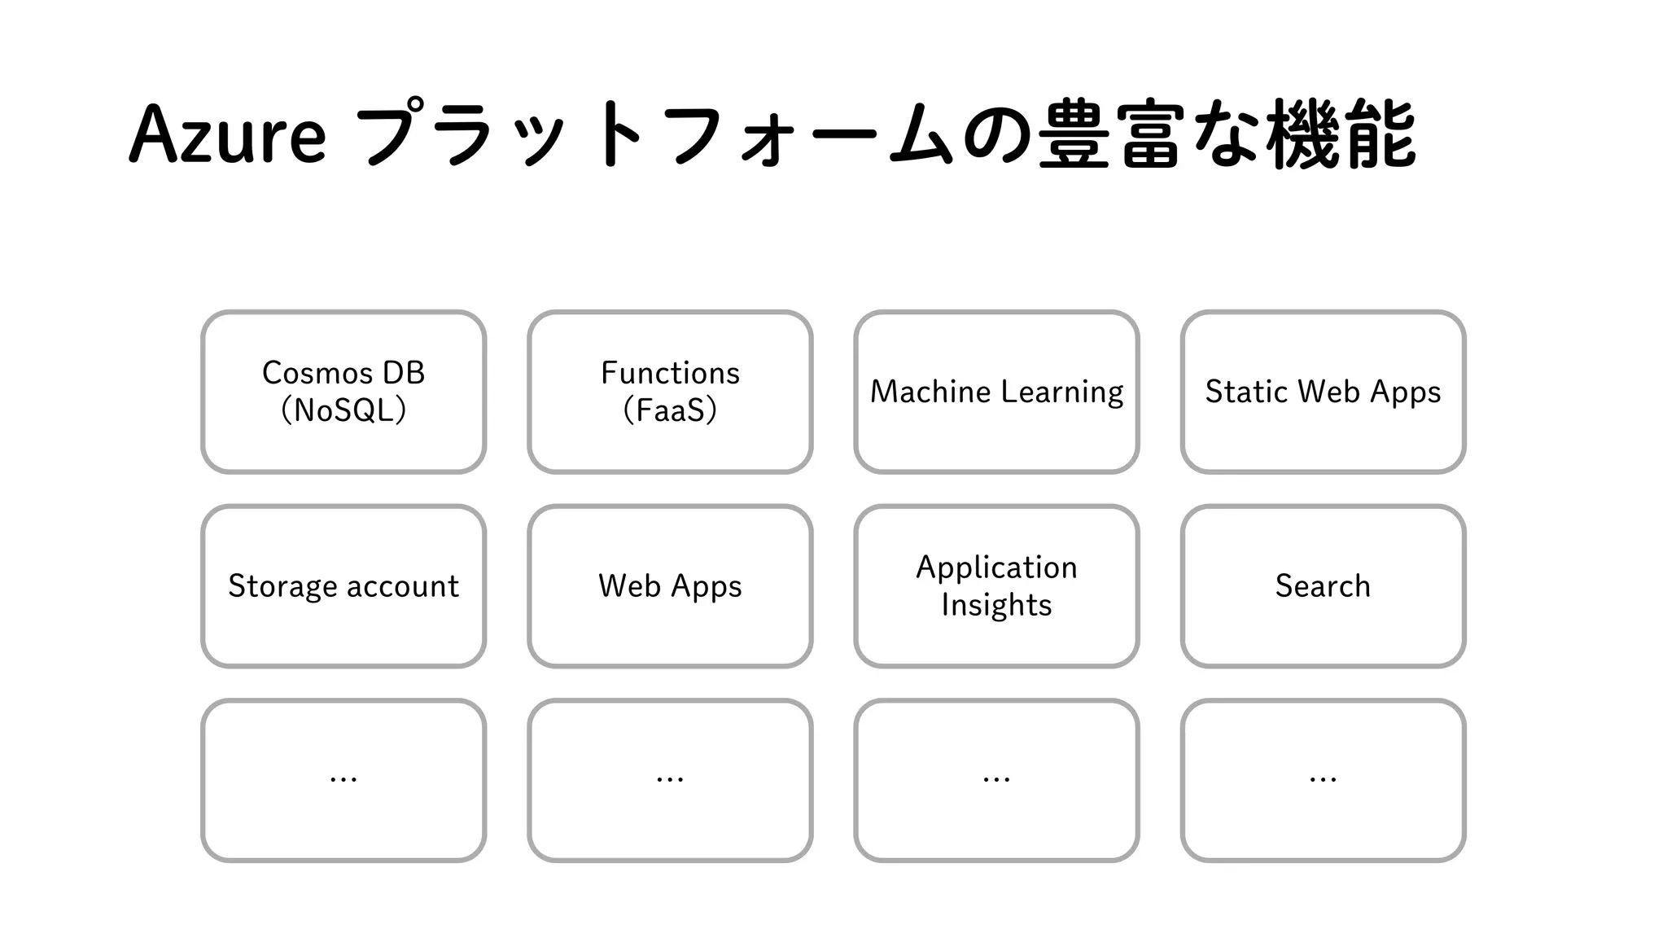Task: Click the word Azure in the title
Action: click(x=228, y=134)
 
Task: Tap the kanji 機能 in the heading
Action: click(x=1341, y=134)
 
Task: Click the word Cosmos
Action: click(x=317, y=373)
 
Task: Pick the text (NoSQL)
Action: click(x=343, y=410)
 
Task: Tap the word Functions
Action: click(x=670, y=373)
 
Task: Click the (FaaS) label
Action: click(x=670, y=410)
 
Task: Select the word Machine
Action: click(x=930, y=392)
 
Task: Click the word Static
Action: click(x=1245, y=392)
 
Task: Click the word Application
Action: click(x=996, y=568)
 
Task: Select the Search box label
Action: click(x=1323, y=586)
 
